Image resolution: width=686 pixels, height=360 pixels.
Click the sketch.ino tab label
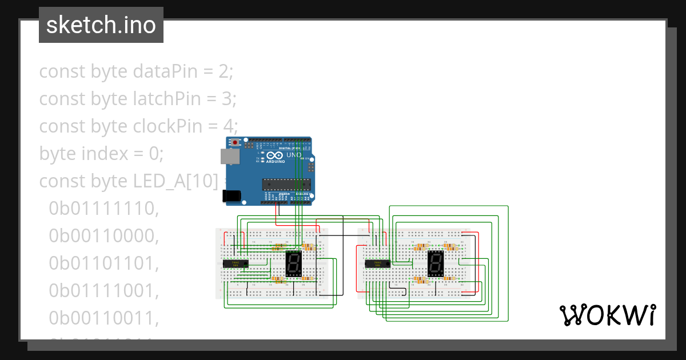(x=101, y=25)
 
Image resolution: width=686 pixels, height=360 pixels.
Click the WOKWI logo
(x=607, y=315)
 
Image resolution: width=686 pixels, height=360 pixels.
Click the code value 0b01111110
(x=103, y=209)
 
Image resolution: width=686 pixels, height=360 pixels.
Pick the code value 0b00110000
(x=103, y=236)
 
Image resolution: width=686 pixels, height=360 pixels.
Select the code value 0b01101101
(x=103, y=263)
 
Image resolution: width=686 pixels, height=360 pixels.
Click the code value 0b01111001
(x=103, y=291)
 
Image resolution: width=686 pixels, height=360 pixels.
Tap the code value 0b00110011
(x=103, y=318)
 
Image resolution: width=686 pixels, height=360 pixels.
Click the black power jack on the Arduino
(x=232, y=196)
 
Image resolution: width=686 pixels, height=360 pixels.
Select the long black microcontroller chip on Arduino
(x=286, y=183)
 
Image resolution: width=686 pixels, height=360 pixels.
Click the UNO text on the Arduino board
(x=293, y=155)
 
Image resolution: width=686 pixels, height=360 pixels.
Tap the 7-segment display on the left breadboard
(x=293, y=263)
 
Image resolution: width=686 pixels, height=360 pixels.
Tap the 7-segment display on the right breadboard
(x=436, y=263)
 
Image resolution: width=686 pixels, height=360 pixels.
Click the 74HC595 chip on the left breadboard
(x=235, y=263)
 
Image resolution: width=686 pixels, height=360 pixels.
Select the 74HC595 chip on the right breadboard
(x=377, y=263)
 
